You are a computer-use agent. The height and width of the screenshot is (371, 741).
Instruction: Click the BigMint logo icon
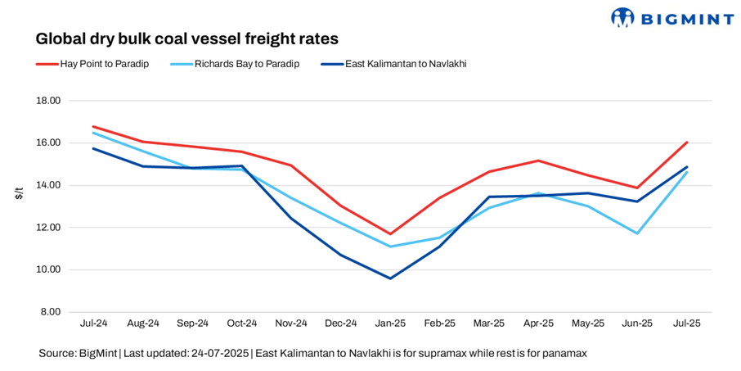click(623, 16)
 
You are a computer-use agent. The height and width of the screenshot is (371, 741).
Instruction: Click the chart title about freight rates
click(186, 38)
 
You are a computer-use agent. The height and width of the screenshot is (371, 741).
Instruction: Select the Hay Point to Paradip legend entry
click(104, 64)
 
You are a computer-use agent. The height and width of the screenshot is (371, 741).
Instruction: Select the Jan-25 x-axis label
click(390, 323)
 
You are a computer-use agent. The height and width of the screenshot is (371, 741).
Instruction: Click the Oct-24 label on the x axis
click(242, 323)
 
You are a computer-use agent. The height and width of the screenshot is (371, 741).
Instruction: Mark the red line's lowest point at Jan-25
click(390, 234)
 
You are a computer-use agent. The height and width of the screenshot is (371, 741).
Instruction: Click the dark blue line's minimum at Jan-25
click(390, 278)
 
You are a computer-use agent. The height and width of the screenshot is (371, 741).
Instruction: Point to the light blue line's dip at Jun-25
click(637, 233)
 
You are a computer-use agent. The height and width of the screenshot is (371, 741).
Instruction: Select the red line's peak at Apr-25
click(538, 161)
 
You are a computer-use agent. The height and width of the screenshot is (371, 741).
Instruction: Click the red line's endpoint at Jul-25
click(687, 142)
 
